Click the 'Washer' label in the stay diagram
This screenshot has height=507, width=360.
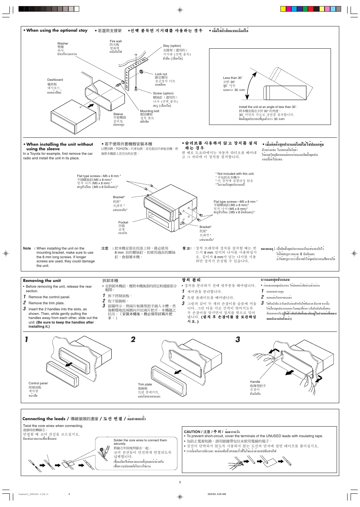click(x=63, y=43)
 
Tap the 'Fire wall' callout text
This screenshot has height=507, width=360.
click(x=115, y=41)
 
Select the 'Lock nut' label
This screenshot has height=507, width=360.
click(x=161, y=74)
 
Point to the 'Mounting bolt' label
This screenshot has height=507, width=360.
click(x=149, y=111)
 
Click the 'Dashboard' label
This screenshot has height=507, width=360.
click(x=55, y=80)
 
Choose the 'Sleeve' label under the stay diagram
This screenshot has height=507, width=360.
click(x=118, y=114)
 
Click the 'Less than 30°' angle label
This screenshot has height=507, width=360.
click(x=232, y=78)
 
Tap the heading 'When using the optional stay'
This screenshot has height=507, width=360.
click(x=57, y=31)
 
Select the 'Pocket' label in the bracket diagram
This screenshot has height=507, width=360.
click(x=123, y=222)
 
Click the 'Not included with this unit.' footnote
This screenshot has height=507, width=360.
click(x=235, y=174)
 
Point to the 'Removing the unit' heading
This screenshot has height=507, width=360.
click(x=42, y=280)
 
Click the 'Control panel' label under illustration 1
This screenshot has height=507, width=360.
click(x=38, y=383)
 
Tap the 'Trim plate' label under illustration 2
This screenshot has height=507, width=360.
click(x=145, y=384)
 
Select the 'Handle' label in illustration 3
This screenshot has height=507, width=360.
click(x=255, y=382)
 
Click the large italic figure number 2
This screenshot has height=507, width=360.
click(x=133, y=339)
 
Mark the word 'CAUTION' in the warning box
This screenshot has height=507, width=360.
click(x=192, y=431)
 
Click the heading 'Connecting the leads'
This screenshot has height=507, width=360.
click(x=44, y=419)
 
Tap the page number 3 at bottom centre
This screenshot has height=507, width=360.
click(x=180, y=482)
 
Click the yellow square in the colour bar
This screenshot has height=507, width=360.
click(x=283, y=9)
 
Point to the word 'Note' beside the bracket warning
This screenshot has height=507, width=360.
click(x=27, y=248)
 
